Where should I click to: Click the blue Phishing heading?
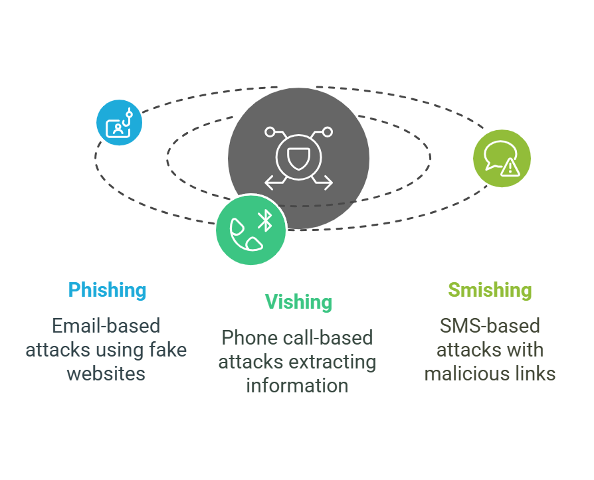click(107, 290)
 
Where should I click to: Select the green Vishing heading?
click(298, 302)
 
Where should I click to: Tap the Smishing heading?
click(490, 290)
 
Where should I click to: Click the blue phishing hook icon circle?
click(119, 122)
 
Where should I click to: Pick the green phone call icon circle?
click(251, 230)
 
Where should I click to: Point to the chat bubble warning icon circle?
click(502, 159)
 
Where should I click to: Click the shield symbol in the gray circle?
click(298, 158)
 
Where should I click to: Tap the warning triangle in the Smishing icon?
click(510, 167)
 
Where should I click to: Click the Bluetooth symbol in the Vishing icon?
click(264, 220)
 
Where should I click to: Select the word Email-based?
click(106, 326)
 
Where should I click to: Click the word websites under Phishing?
click(106, 373)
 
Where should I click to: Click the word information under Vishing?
click(297, 385)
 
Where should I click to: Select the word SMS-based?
click(490, 326)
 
